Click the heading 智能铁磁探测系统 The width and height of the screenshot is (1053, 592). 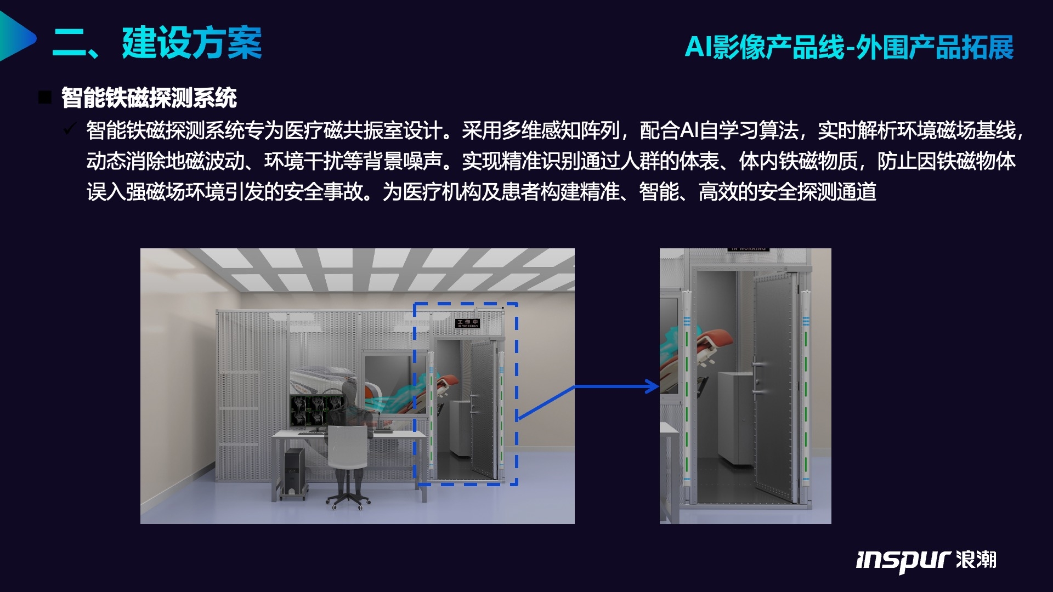point(149,98)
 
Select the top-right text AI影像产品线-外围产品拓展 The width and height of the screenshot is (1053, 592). point(849,47)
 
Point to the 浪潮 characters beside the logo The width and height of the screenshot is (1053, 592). point(976,560)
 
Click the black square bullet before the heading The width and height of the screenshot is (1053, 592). point(45,98)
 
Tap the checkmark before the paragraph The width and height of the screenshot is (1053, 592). point(70,129)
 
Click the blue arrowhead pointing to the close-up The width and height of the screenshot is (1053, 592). point(653,386)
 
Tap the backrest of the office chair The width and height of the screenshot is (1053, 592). point(347,447)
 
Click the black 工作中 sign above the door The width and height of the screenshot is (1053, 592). point(467,323)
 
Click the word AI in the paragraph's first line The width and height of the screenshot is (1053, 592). point(689,130)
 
